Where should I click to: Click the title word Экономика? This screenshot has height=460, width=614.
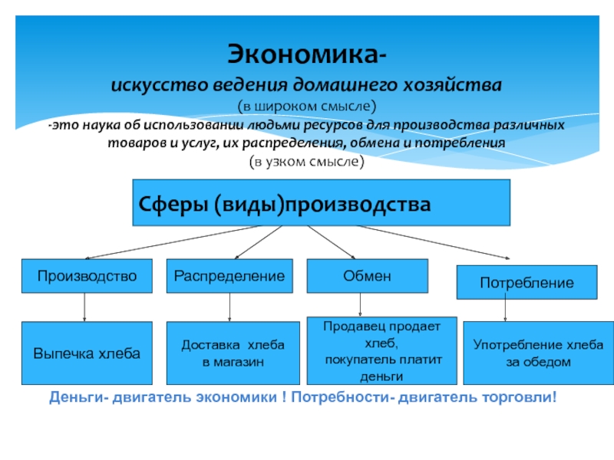pyautogui.click(x=306, y=56)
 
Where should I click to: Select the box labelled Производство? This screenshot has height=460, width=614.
pyautogui.click(x=84, y=276)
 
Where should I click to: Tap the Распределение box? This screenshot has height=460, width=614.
pyautogui.click(x=229, y=276)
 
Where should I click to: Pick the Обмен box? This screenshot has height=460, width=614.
pyautogui.click(x=368, y=276)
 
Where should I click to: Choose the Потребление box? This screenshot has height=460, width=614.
pyautogui.click(x=527, y=282)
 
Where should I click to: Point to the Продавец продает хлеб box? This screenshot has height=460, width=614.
pyautogui.click(x=382, y=350)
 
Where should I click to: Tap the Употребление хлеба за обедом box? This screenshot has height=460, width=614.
pyautogui.click(x=538, y=353)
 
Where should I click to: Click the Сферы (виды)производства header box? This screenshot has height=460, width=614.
pyautogui.click(x=321, y=203)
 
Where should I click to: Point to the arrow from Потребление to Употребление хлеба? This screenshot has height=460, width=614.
pyautogui.click(x=504, y=310)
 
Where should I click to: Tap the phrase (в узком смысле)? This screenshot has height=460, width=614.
pyautogui.click(x=306, y=162)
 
